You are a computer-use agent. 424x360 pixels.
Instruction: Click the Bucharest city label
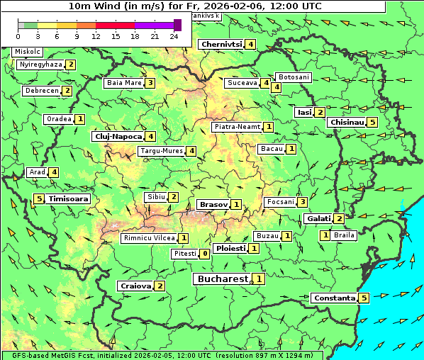[x=222, y=279]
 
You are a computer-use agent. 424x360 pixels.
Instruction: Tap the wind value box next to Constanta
[x=364, y=298]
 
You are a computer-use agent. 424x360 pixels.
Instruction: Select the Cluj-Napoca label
[x=118, y=136]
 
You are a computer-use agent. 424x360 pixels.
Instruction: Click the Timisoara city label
[x=69, y=199]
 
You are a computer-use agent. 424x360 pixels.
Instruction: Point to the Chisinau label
[x=347, y=122]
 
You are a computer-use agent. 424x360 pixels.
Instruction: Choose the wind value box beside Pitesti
[x=204, y=254]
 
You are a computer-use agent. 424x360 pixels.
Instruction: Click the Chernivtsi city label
[x=222, y=44]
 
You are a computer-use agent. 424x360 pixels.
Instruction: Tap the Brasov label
[x=213, y=204]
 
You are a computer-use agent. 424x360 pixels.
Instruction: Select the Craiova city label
[x=135, y=286]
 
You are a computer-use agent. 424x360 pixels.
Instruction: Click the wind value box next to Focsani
[x=302, y=202]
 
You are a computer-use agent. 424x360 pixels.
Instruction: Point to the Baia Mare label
[x=123, y=83]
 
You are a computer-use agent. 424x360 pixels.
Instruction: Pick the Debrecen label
[x=41, y=91]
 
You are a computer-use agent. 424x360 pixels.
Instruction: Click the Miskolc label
[x=28, y=52]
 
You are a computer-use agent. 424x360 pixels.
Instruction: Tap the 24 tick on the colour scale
[x=174, y=35]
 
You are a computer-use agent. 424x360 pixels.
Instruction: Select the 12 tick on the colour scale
[x=96, y=35]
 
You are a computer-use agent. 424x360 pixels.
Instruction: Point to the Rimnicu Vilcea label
[x=148, y=238]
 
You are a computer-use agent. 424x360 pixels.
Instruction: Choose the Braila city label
[x=344, y=235]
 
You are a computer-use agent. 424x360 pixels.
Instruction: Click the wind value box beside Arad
[x=54, y=172]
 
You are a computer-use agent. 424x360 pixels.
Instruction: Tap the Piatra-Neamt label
[x=237, y=127]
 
